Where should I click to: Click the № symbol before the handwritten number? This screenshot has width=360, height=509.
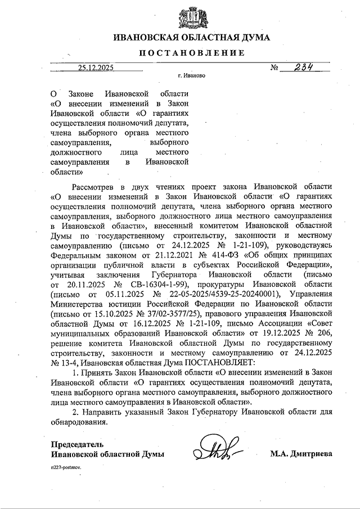[275, 68]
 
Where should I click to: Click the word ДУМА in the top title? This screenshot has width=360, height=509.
[253, 38]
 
